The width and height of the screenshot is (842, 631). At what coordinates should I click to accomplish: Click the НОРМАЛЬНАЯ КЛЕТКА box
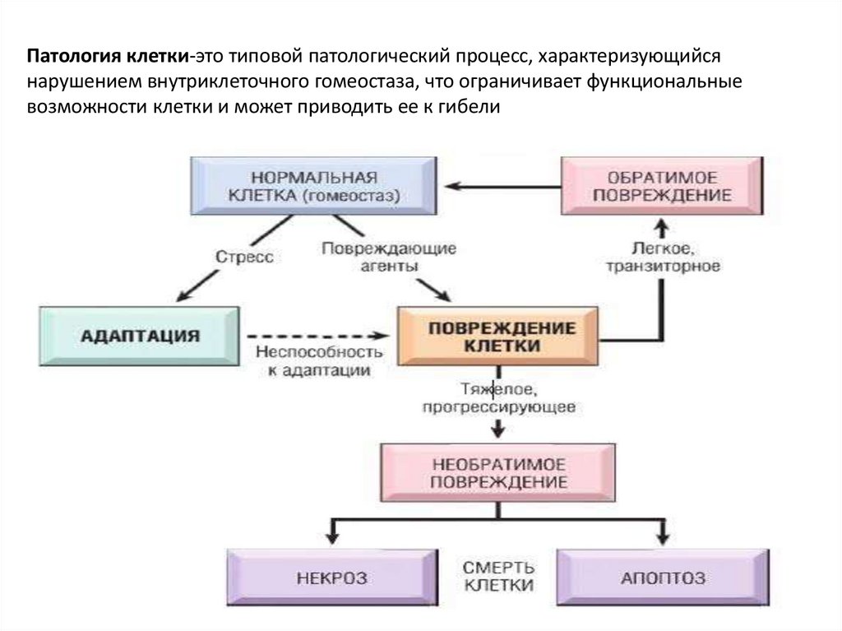(312, 186)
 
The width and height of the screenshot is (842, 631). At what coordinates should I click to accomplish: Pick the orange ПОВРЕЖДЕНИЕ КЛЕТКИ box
(498, 336)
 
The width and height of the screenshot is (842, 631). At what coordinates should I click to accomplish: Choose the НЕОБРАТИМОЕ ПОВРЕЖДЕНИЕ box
(497, 472)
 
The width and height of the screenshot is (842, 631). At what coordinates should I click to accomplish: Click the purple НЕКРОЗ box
(331, 578)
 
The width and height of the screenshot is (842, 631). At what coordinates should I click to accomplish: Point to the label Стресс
(243, 257)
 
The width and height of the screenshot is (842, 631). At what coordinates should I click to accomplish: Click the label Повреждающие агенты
(388, 257)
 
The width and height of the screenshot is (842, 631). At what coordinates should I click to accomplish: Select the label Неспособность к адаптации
(318, 360)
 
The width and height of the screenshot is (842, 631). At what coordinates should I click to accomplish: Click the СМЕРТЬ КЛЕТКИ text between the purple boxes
(498, 577)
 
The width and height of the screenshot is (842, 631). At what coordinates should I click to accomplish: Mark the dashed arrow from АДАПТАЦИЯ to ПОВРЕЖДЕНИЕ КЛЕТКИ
(317, 336)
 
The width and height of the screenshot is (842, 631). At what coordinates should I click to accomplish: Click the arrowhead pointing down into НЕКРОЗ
(331, 536)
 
